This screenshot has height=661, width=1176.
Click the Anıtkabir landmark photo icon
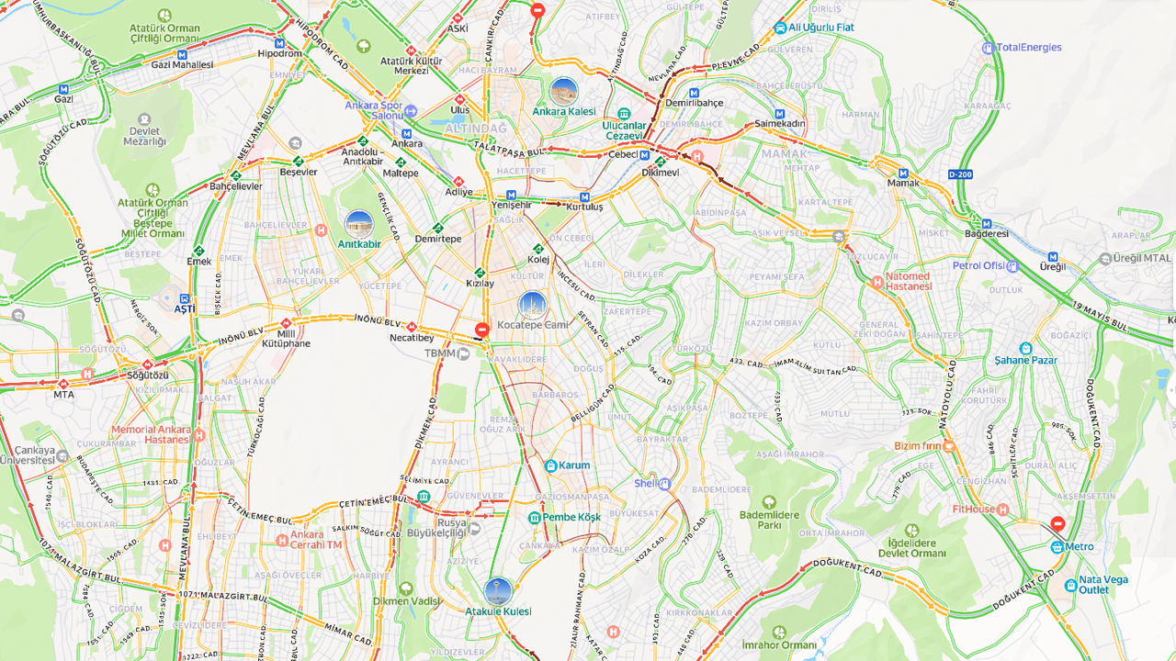click(358, 224)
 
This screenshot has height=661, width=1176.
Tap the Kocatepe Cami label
click(532, 325)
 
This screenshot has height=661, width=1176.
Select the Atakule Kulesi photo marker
click(498, 590)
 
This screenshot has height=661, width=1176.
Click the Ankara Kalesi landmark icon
click(563, 92)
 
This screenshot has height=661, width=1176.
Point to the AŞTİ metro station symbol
click(185, 298)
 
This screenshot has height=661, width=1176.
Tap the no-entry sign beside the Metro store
click(1057, 523)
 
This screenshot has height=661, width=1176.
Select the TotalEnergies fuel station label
click(1028, 48)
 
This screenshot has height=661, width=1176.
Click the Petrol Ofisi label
click(979, 265)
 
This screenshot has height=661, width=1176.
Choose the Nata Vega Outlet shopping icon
click(1070, 585)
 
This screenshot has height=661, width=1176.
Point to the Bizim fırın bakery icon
click(948, 446)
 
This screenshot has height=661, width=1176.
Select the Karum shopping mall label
click(574, 465)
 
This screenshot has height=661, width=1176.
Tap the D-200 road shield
click(960, 174)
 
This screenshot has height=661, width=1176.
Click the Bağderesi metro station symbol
click(987, 223)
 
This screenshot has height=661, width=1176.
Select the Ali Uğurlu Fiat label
click(820, 28)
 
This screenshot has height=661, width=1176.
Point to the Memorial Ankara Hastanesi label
click(151, 434)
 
